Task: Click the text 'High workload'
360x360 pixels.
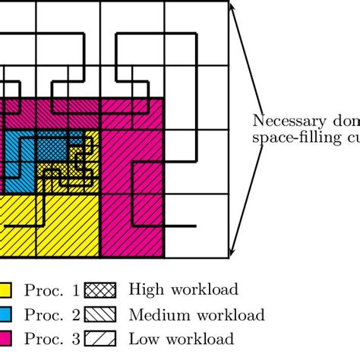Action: pyautogui.click(x=183, y=289)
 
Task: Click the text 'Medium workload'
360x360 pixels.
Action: pyautogui.click(x=197, y=314)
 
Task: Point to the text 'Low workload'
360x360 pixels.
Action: pyautogui.click(x=182, y=339)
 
